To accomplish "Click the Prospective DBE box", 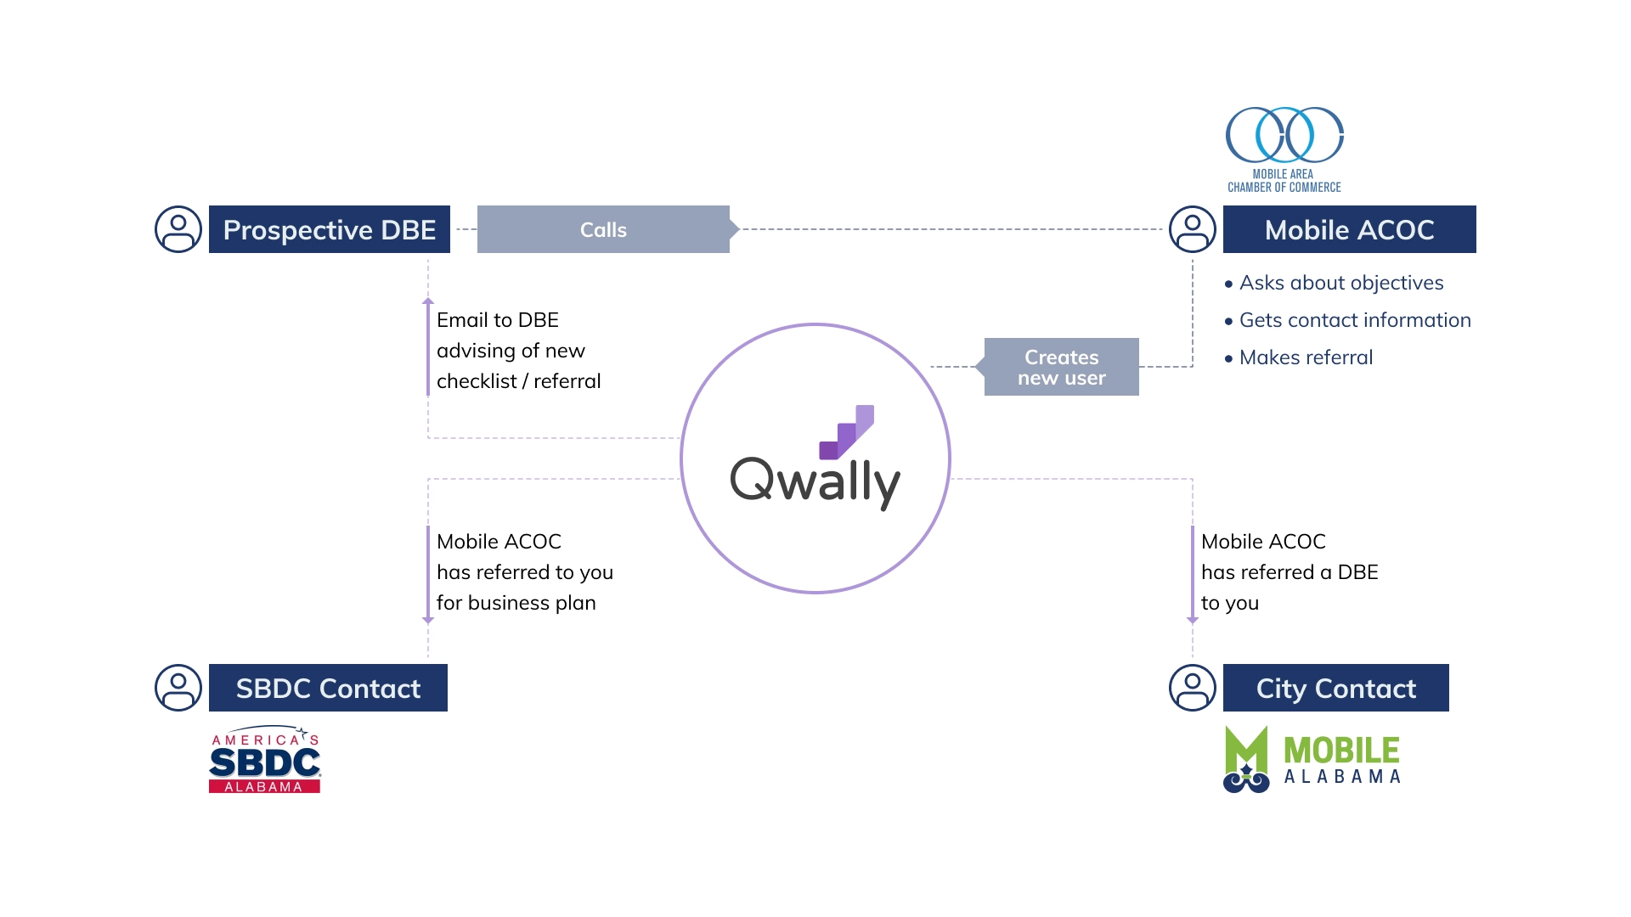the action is pos(330,229).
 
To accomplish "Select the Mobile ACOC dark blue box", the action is pos(1349,229).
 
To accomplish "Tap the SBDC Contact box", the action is pos(328,688).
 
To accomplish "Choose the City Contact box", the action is pos(1335,688).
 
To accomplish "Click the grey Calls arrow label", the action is pos(607,229).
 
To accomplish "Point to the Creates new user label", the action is pos(1058,367).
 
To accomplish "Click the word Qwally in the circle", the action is pos(815,481).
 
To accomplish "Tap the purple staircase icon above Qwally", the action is pos(847,432).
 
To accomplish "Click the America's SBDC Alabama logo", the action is pos(265,759).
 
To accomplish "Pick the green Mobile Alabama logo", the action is pos(1312,759).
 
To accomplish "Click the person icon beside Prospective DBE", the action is pos(178,229).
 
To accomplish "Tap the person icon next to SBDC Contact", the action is pos(178,688).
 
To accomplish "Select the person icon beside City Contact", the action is pos(1193,688).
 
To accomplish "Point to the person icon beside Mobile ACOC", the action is pos(1193,229).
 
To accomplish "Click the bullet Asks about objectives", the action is pos(1334,283).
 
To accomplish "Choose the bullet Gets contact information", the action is pos(1347,320).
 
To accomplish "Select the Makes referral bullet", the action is pos(1299,357).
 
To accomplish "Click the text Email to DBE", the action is pos(498,320).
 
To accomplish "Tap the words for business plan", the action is pos(516,603).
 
